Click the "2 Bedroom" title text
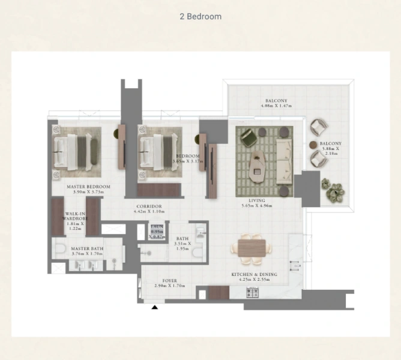tap(200, 16)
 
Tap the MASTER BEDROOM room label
tap(88, 187)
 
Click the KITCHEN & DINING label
tap(255, 274)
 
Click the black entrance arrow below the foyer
tap(155, 307)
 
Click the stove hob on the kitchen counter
tap(253, 293)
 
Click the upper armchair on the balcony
tap(319, 128)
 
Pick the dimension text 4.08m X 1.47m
tap(276, 106)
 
